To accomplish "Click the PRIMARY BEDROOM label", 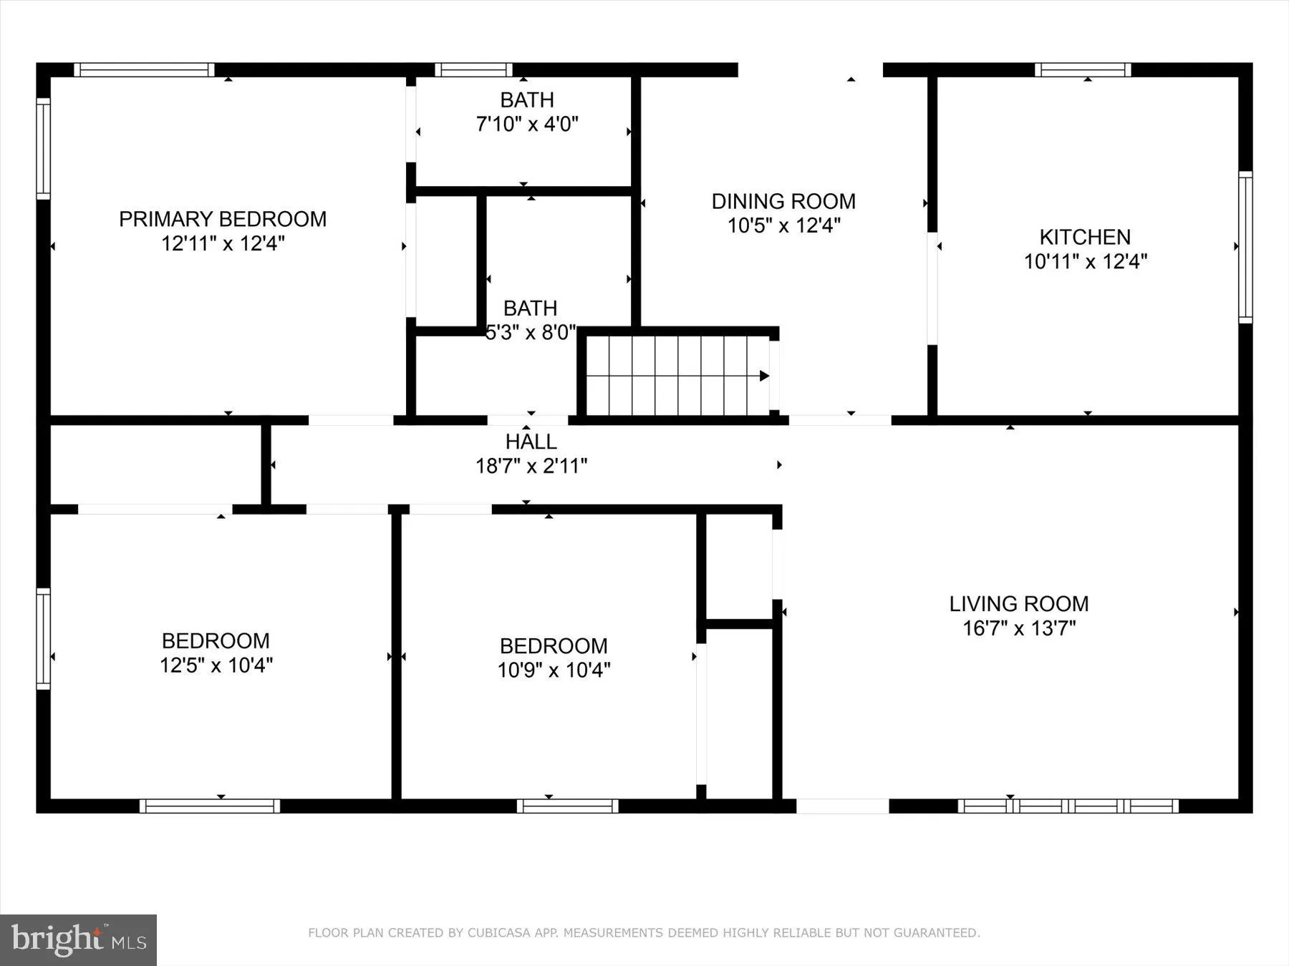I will pos(223,219).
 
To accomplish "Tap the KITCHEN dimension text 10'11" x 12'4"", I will pos(1085,262).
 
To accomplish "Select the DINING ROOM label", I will pos(783,201).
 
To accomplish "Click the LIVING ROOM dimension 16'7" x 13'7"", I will pos(1018,628).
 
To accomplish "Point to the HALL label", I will pos(531,441).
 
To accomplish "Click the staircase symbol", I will pos(677,375).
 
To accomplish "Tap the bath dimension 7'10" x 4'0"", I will pos(527,125).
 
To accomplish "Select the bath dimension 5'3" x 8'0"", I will pos(531,333).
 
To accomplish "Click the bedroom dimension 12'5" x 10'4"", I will pos(216,665).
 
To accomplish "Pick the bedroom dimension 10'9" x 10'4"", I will pos(554,670).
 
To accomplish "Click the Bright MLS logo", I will pos(78,940).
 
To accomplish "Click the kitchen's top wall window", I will pos(1083,70).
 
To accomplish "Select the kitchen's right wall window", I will pos(1245,247).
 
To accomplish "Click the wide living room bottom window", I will pos(1068,806).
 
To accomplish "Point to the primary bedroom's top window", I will pos(144,70).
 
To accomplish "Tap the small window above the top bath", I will pos(473,70).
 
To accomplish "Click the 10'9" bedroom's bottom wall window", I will pos(567,806).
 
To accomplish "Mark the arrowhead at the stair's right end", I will pos(764,376).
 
